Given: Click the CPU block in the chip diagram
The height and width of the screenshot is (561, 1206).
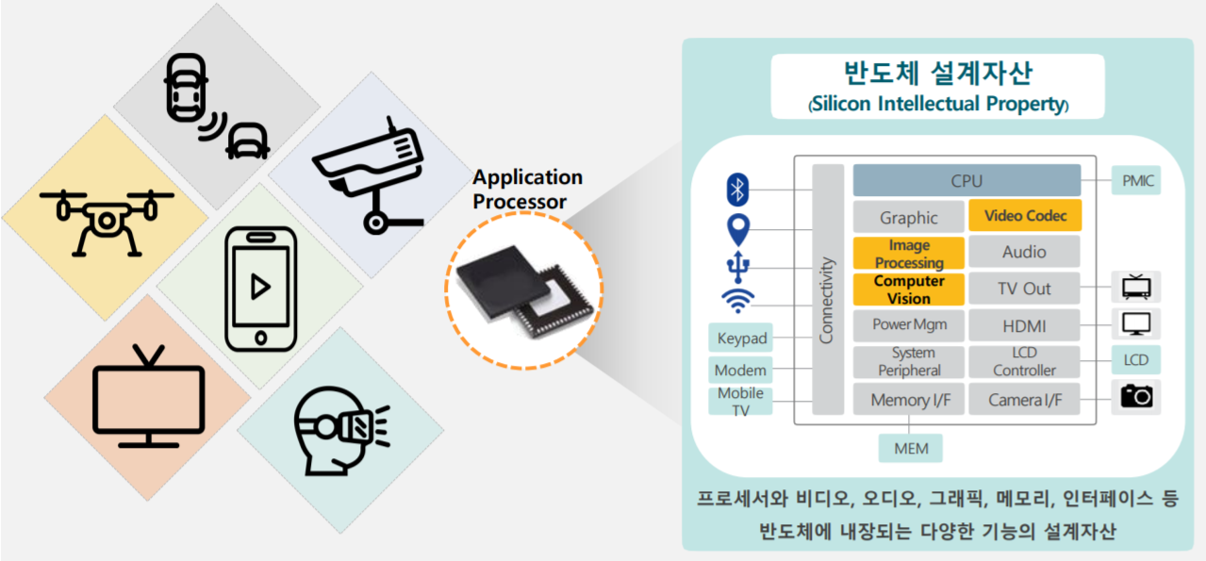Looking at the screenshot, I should [x=966, y=180].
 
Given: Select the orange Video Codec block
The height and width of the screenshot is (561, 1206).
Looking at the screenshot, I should [x=1025, y=216].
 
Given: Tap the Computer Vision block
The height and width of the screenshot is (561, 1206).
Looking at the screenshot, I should [x=909, y=289].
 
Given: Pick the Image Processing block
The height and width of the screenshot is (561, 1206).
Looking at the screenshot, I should [x=909, y=253].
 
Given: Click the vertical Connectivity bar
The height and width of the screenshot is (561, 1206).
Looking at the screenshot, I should [x=827, y=289].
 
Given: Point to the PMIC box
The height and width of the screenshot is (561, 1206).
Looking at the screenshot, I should [x=1135, y=180].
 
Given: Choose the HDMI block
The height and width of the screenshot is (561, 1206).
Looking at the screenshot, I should [x=1025, y=326].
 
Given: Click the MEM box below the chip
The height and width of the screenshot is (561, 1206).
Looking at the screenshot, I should [x=911, y=448].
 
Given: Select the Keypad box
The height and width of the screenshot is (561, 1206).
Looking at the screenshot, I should [x=742, y=338].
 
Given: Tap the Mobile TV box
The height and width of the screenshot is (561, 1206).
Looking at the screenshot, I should [x=741, y=401].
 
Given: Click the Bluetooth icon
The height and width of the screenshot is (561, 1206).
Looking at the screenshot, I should [x=737, y=190].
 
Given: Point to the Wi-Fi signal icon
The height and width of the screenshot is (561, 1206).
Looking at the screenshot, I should [x=737, y=301].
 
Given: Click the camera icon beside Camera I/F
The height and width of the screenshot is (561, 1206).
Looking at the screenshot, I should [x=1136, y=396].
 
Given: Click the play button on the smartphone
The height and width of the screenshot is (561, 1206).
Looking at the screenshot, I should [x=258, y=286].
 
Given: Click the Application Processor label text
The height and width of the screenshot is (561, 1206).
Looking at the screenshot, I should [x=527, y=189].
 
